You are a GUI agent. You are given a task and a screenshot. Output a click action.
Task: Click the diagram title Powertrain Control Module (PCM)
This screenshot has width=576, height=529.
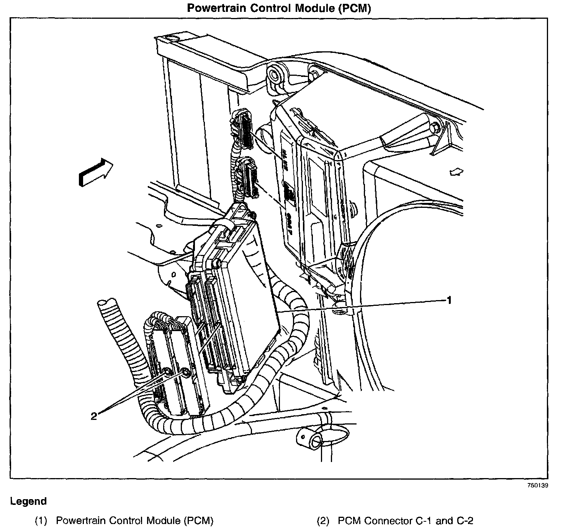tap(279, 8)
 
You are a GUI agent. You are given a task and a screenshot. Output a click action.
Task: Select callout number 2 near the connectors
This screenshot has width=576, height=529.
tap(94, 416)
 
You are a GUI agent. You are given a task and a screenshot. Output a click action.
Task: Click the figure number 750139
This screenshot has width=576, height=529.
tap(538, 485)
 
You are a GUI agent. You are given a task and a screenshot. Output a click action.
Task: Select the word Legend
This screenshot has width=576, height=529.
tap(28, 501)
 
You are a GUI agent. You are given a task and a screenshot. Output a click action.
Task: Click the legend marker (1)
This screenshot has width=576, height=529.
tap(41, 521)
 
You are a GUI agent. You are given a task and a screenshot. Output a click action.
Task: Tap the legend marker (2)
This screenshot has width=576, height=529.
tap(323, 521)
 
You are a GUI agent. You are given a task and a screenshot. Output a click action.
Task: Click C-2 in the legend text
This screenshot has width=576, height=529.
tap(464, 521)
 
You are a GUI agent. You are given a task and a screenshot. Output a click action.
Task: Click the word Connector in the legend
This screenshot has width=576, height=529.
tap(388, 521)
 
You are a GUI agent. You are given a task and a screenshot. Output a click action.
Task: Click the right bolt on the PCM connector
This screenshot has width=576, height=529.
tap(185, 372)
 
